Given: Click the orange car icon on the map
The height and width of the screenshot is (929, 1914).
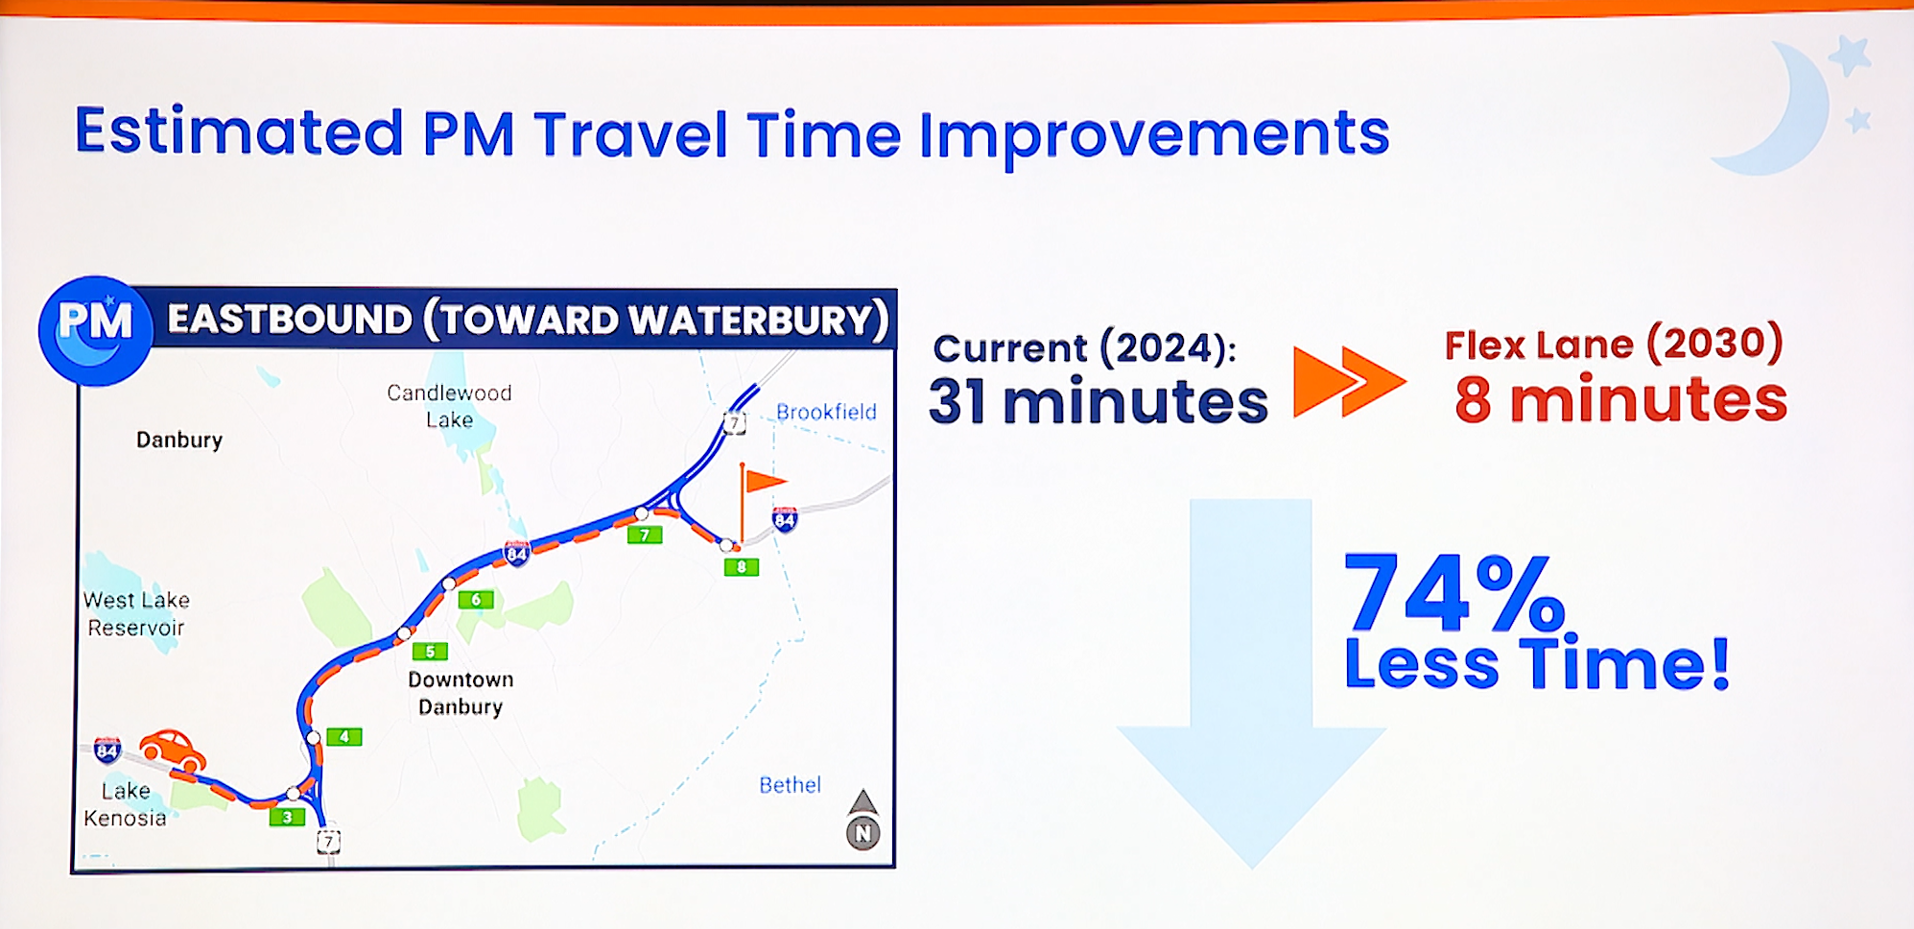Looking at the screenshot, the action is [173, 750].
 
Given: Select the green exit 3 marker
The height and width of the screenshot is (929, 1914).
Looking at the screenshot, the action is [287, 817].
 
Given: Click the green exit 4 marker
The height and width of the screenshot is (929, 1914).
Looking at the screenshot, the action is [343, 737].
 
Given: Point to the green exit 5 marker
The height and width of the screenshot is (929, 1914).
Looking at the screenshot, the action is [430, 652].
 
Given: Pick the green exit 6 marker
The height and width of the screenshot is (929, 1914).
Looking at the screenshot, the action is [476, 600].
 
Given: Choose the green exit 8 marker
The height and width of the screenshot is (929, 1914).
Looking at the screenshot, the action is [742, 567].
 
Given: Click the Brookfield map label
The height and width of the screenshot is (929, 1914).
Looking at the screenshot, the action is [826, 412].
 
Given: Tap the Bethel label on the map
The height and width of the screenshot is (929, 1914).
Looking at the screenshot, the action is [790, 785].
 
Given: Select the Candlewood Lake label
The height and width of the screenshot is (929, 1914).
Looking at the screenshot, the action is [449, 406].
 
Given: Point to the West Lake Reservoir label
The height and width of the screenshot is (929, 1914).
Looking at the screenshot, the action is [136, 614].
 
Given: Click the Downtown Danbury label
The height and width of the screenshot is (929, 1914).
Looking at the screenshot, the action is [461, 693].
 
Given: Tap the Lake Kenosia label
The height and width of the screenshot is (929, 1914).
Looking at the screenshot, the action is [126, 804].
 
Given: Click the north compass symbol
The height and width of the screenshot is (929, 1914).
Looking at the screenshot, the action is [862, 820].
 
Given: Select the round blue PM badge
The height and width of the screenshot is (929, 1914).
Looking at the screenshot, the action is [95, 331].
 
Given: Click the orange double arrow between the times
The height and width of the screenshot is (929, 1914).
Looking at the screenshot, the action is [1350, 381].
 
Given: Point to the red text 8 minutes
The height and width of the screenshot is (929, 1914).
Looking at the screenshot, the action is [1620, 400].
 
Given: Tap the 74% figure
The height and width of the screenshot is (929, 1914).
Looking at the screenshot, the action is [1453, 592].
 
